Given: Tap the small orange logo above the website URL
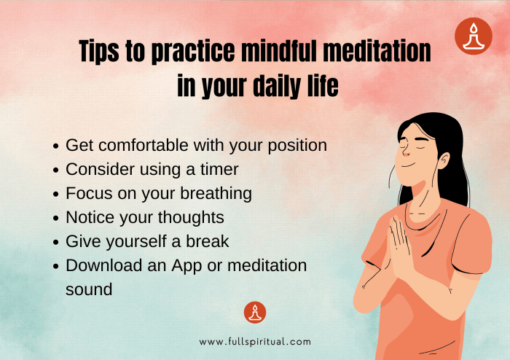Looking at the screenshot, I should click(255, 313).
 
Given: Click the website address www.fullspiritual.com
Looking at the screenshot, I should click(255, 341).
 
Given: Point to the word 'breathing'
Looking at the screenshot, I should click(216, 193).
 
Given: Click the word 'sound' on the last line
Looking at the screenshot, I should click(89, 289).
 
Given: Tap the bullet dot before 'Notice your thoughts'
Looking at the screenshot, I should click(57, 218).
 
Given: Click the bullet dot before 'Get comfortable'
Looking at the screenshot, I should click(57, 146).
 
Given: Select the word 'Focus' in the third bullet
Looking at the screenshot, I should click(87, 193).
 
